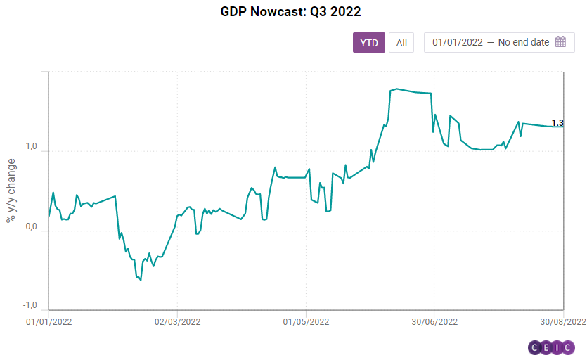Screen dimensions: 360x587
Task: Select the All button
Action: (401, 43)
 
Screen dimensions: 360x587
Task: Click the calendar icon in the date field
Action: (560, 42)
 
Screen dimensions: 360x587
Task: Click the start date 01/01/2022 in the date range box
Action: (458, 42)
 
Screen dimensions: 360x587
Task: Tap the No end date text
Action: (524, 42)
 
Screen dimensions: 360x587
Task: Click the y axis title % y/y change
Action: (11, 191)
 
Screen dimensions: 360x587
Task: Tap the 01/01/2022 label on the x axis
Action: (49, 321)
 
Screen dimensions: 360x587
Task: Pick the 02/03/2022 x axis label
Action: (177, 321)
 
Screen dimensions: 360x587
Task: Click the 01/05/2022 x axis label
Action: (306, 321)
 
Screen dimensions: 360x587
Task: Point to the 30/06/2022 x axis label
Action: (434, 321)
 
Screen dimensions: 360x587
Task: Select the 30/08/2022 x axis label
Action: (562, 321)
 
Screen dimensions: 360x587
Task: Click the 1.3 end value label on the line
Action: (557, 123)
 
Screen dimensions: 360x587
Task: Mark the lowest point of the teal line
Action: (141, 281)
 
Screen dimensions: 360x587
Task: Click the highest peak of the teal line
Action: (397, 89)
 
